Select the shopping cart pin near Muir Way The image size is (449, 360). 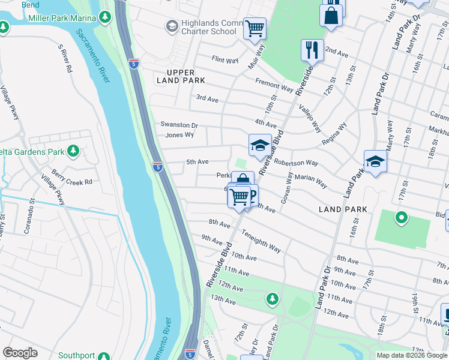coord(255,28)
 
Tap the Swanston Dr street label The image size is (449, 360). coord(179,125)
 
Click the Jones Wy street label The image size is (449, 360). coord(179,136)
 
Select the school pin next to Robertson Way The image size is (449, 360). coord(260,146)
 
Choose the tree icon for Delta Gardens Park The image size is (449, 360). coord(73,151)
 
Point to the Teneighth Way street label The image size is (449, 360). coord(262,239)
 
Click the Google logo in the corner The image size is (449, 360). coord(20,353)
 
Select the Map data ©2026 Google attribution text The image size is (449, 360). coord(411,355)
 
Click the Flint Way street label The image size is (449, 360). coord(225,59)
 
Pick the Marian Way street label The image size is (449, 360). coord(311,181)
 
